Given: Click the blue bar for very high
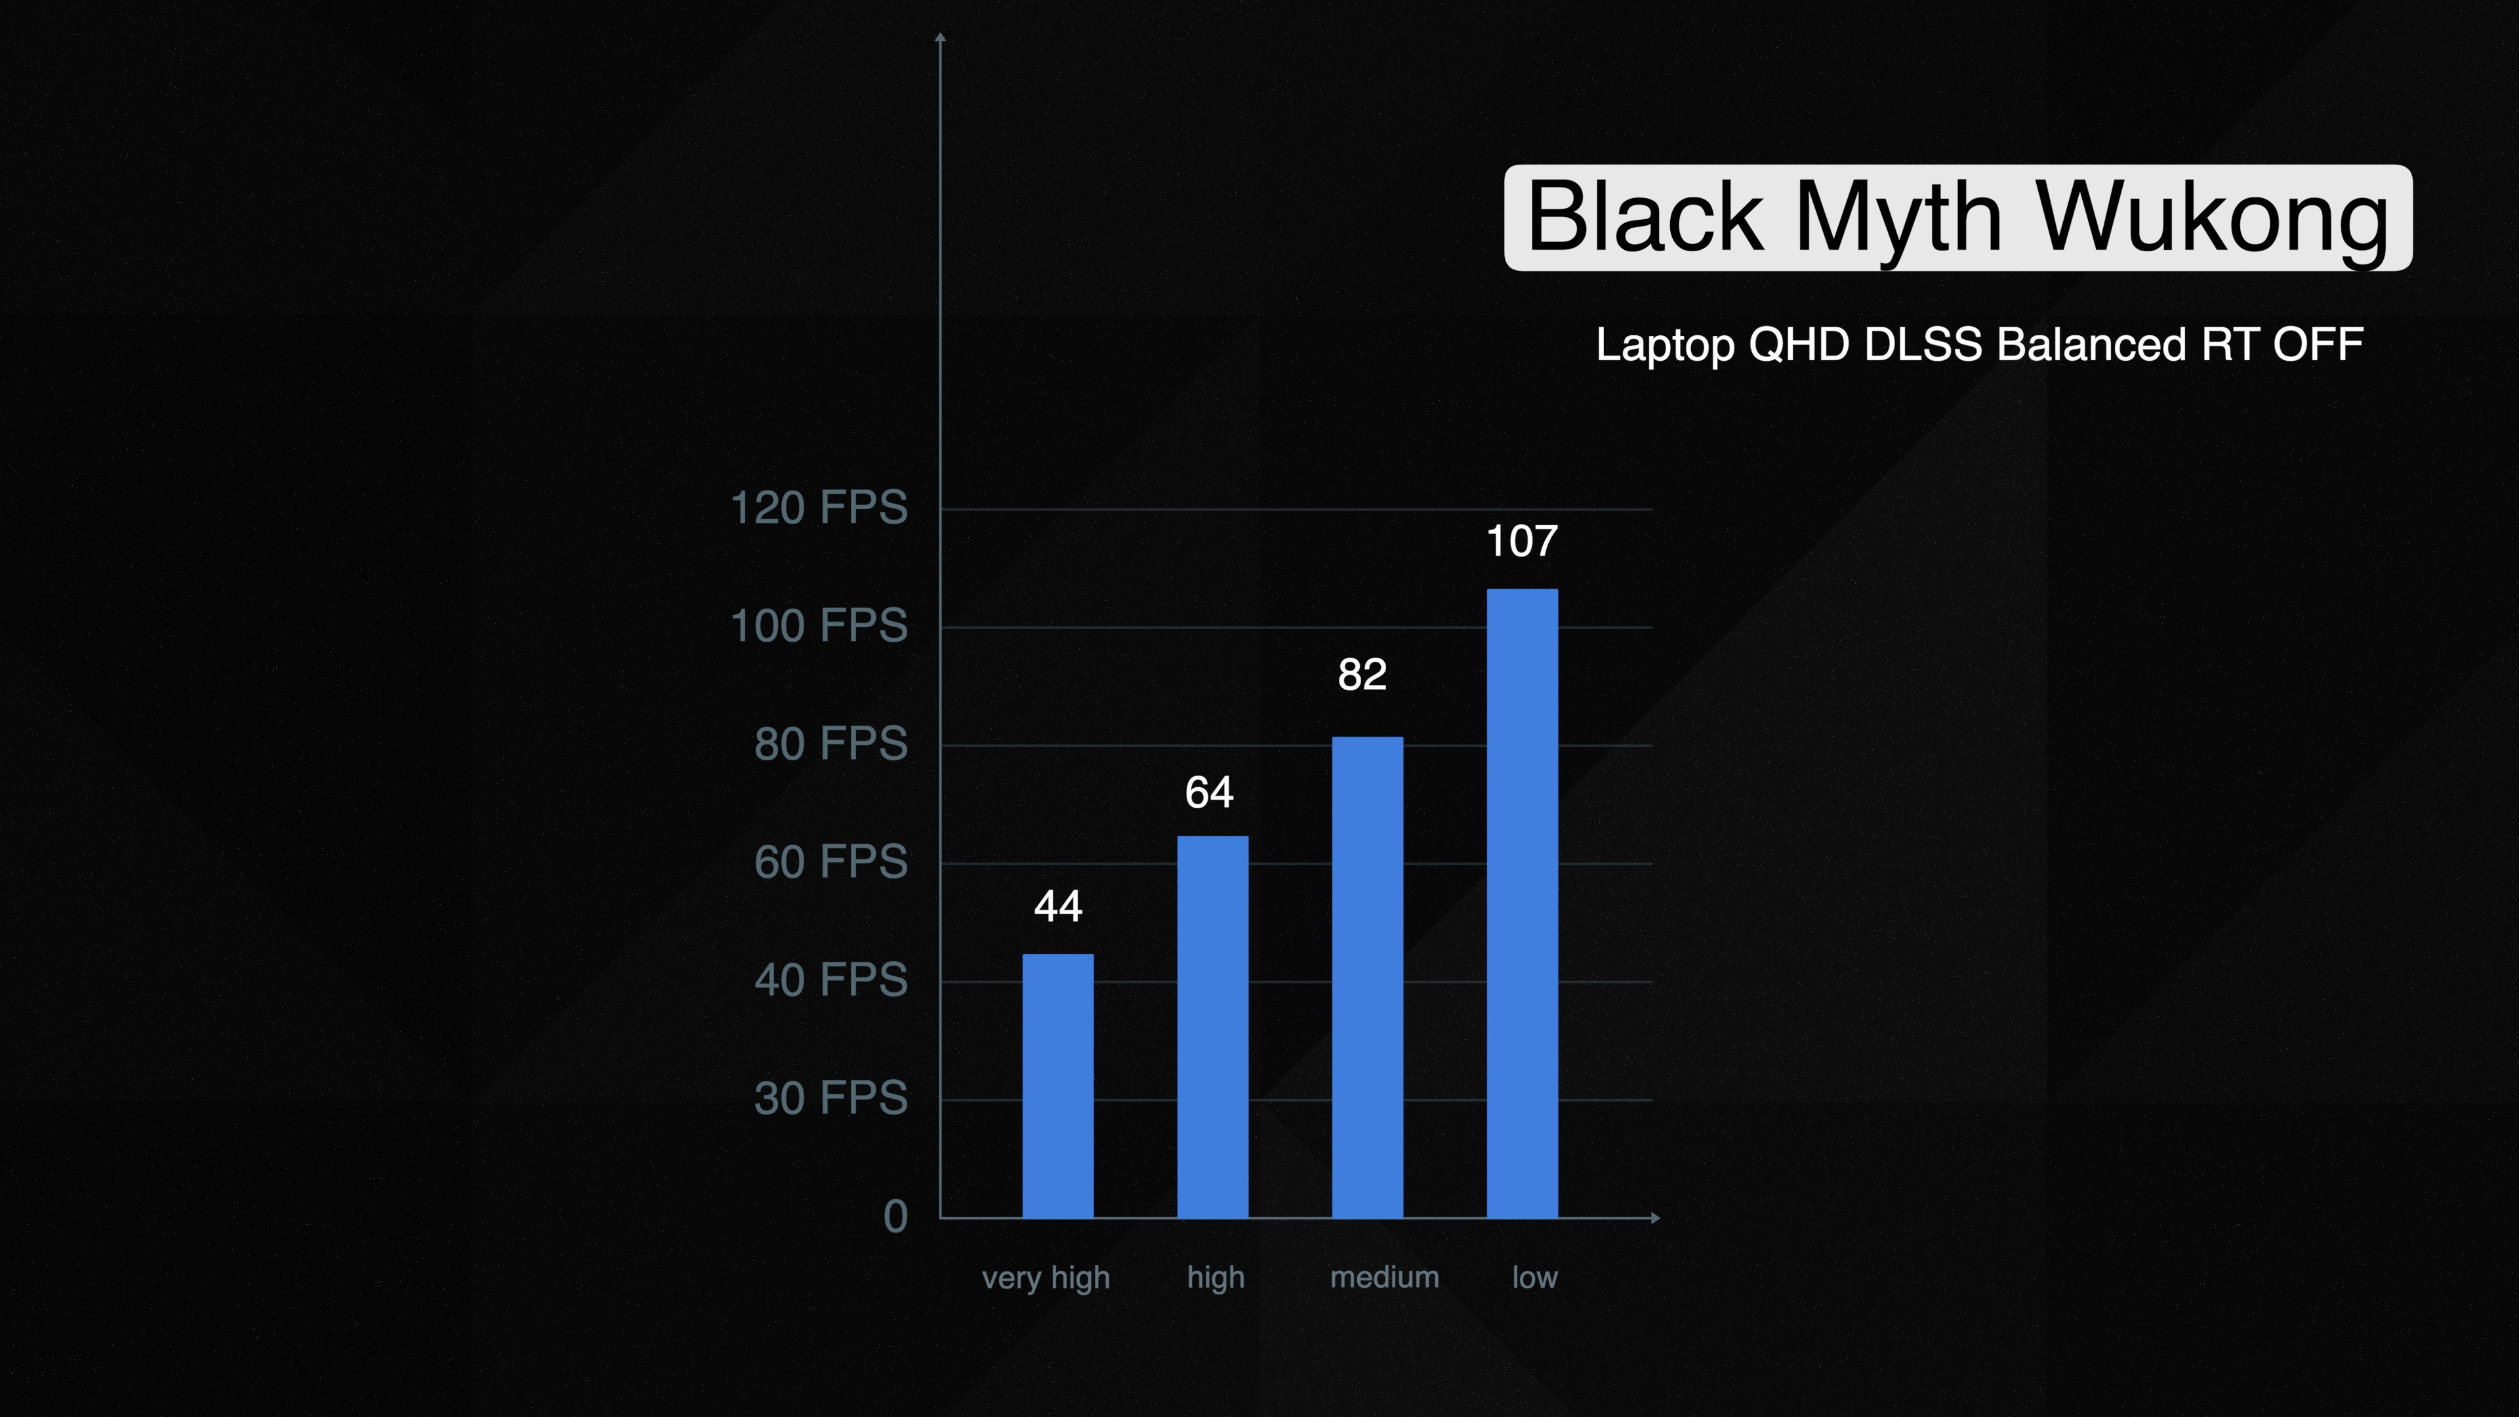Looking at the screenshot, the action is click(1058, 1086).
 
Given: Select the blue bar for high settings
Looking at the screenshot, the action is click(1212, 1027).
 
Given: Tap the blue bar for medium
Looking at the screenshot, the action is click(1367, 977).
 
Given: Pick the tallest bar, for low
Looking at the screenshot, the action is click(1523, 903).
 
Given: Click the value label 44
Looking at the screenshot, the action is click(1058, 907).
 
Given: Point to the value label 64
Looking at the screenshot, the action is click(1210, 792).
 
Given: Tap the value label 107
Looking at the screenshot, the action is click(1522, 541).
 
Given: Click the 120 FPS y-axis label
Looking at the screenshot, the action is click(819, 508).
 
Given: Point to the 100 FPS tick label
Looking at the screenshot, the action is click(819, 626).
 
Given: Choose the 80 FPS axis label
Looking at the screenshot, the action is click(831, 744).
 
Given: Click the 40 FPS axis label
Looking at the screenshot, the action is click(831, 980).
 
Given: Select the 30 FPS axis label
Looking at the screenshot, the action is click(831, 1098).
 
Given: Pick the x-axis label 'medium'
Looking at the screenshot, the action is click(1385, 1277).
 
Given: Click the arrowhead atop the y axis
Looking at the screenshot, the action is click(940, 37).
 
